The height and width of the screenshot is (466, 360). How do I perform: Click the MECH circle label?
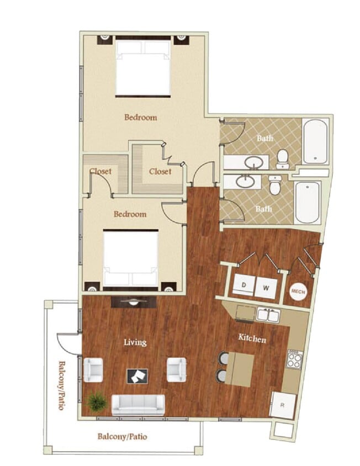[x=298, y=291]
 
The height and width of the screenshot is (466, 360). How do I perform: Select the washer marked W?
[x=265, y=287]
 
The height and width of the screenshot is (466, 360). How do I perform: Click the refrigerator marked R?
[x=282, y=405]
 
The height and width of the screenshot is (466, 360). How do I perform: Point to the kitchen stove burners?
[x=294, y=360]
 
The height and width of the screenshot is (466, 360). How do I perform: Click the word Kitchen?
[x=252, y=338]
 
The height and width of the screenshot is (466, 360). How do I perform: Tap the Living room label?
[x=135, y=342]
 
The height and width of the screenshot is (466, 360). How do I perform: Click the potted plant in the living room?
[x=97, y=401]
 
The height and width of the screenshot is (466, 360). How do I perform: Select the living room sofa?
[x=138, y=404]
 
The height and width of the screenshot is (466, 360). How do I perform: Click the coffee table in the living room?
[x=137, y=376]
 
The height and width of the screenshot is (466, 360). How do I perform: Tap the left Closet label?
[x=100, y=171]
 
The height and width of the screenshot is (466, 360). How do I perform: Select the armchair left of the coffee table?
[x=93, y=369]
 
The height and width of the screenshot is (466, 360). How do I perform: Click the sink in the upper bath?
[x=253, y=163]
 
